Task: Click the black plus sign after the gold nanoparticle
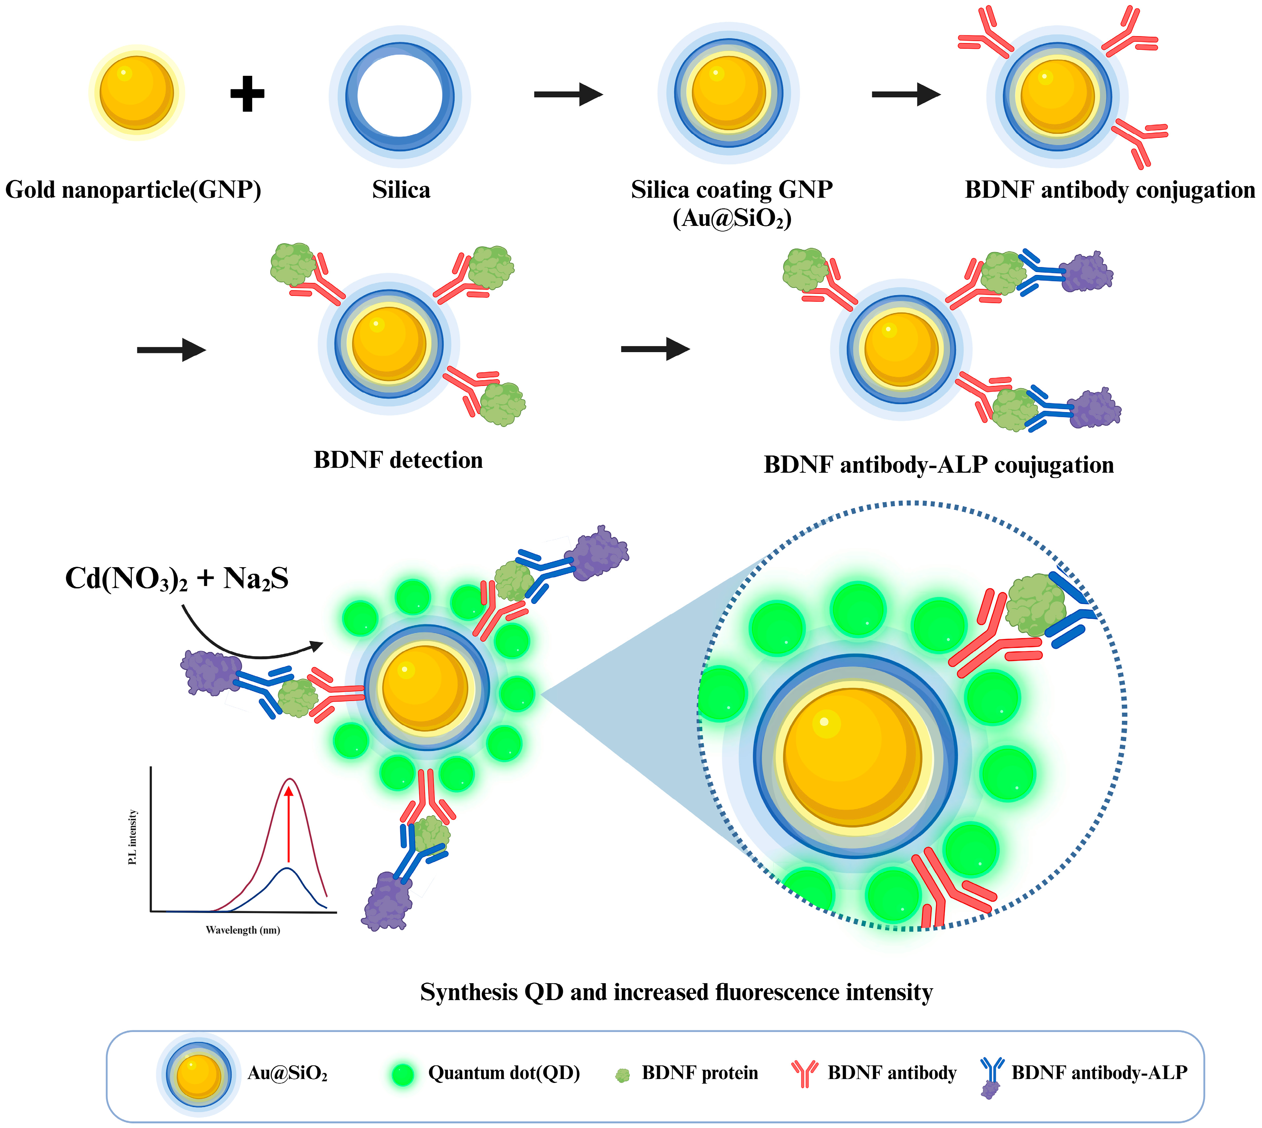coord(247,94)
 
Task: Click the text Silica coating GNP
coord(732,189)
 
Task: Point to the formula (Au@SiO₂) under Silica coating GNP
coord(732,219)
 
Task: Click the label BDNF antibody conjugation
coord(1110,189)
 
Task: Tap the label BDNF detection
coord(398,460)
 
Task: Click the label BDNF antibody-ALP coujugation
coord(938,465)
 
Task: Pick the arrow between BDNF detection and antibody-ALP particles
coord(655,349)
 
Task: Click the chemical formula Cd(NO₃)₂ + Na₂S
coord(177,579)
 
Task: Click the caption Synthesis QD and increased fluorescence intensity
coord(676,992)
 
